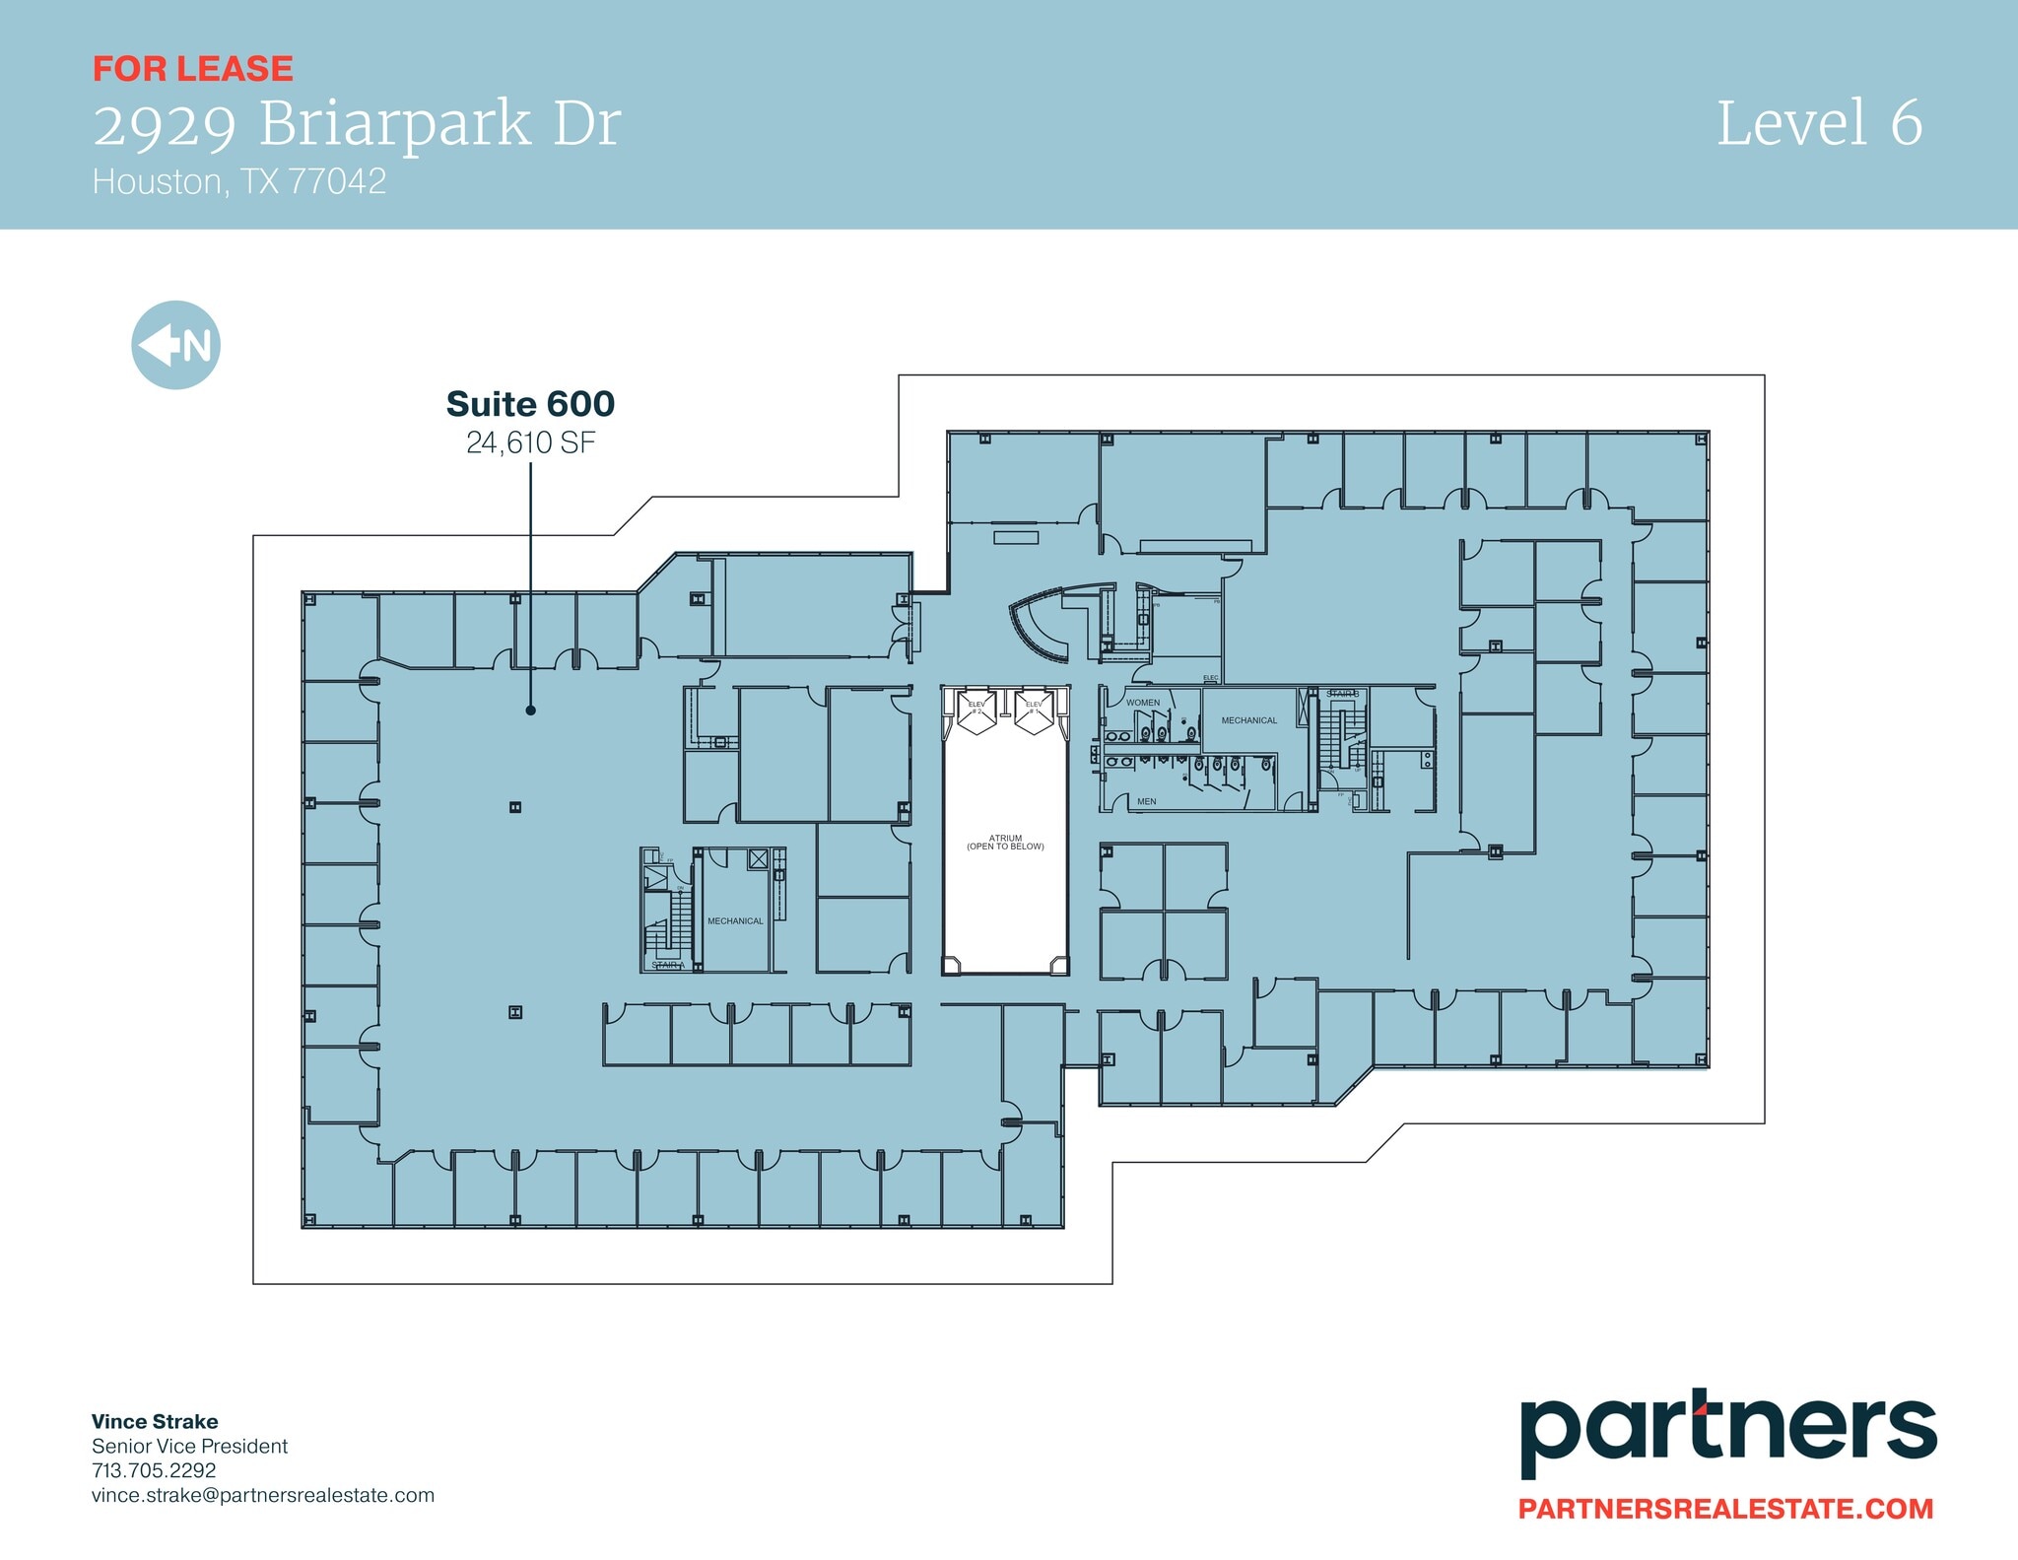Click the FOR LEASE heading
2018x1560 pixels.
193,69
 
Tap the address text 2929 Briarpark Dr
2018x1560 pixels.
357,125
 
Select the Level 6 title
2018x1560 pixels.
1819,124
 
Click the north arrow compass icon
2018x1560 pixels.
175,345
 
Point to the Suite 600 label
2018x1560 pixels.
530,404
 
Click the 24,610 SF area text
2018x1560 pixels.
530,443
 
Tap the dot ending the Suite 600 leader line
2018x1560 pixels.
530,710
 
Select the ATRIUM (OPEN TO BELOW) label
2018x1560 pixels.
1005,843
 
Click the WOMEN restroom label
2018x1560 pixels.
1143,703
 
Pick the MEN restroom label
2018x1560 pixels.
1146,801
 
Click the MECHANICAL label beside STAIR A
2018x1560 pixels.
735,921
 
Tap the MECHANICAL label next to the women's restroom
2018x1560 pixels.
1248,720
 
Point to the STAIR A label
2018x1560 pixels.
667,965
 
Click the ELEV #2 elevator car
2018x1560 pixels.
976,712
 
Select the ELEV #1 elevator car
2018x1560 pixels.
1034,712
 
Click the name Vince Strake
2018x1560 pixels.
155,1421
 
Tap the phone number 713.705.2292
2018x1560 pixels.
154,1470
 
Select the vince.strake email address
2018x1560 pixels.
262,1495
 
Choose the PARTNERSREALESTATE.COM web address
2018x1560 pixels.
1725,1509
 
